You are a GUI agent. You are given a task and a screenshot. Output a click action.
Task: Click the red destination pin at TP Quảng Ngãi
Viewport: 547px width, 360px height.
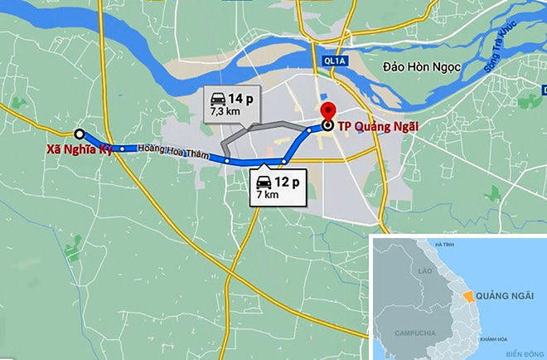327,113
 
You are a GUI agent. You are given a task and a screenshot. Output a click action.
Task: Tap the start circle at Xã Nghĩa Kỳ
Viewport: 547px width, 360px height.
80,134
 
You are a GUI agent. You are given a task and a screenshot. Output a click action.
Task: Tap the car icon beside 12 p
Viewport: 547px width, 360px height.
264,181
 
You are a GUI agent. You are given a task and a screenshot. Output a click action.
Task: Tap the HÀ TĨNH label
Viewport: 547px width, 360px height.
445,245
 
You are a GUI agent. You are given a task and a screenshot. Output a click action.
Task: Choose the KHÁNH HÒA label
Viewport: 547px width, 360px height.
491,340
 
